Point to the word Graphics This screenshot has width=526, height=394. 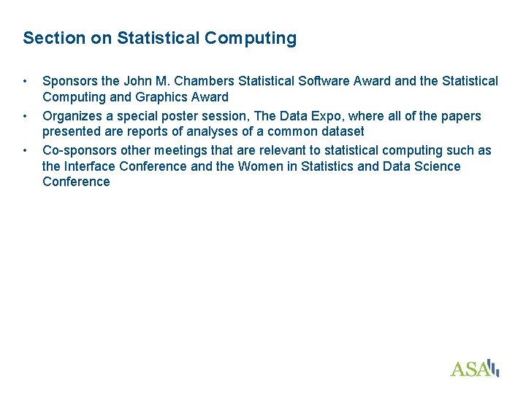[156, 97]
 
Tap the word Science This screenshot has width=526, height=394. [437, 166]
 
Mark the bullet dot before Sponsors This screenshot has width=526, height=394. [25, 81]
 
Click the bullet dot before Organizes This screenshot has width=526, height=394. [25, 116]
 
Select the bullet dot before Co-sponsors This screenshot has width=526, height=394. [25, 150]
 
